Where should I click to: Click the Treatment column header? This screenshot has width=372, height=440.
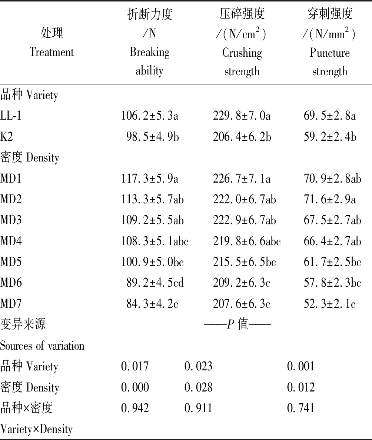click(x=52, y=43)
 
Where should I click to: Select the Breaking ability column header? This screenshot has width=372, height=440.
click(x=150, y=43)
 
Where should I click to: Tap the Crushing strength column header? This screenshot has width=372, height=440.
click(x=242, y=43)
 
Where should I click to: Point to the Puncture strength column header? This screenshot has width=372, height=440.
click(x=329, y=43)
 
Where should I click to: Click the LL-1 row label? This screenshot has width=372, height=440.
click(x=11, y=116)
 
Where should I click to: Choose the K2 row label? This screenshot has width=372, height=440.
click(x=7, y=137)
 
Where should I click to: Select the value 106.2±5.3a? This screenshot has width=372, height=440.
click(x=150, y=116)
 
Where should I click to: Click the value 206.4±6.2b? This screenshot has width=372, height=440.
click(x=242, y=137)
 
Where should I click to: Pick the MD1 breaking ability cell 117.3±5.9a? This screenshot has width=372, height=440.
click(x=150, y=179)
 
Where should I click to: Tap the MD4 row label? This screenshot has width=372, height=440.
click(x=11, y=241)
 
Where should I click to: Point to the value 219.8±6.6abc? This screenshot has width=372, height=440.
click(x=247, y=241)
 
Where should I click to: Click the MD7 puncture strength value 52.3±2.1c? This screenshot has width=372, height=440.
click(x=330, y=304)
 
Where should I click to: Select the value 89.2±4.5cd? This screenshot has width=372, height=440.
click(x=155, y=283)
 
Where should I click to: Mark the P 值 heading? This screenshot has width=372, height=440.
click(x=238, y=325)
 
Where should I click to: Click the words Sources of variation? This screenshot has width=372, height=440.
click(x=42, y=346)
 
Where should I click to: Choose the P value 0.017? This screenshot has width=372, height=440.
click(x=135, y=367)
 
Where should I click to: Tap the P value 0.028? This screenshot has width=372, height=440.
click(x=199, y=387)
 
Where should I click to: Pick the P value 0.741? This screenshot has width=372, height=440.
click(x=300, y=408)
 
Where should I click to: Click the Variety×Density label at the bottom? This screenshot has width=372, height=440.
click(x=36, y=429)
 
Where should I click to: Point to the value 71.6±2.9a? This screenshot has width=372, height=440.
click(x=330, y=200)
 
